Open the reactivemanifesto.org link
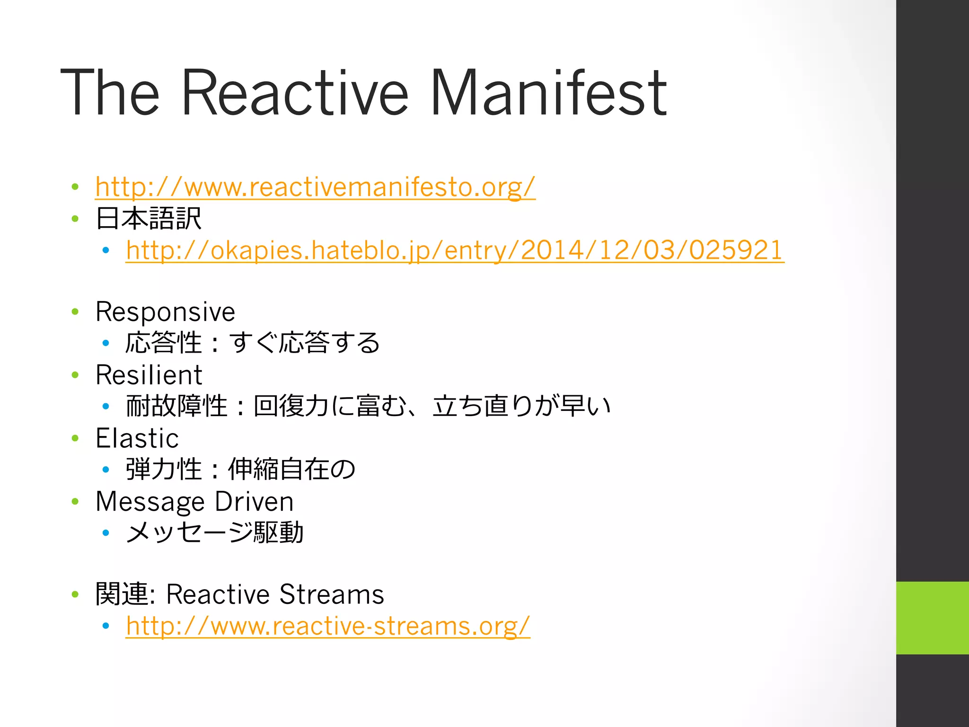point(315,187)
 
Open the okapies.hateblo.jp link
point(455,250)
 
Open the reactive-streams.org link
point(328,626)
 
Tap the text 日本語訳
point(149,219)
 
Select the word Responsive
point(165,312)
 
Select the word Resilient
point(149,375)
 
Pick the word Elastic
point(137,438)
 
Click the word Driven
point(254,502)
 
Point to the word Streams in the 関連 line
point(331,594)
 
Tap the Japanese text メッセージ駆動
point(214,532)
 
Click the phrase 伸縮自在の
point(291,470)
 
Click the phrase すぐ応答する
point(305,343)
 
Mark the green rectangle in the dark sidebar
point(932,618)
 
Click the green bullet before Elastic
point(75,438)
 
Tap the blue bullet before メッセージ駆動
point(106,533)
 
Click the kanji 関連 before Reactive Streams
point(122,594)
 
